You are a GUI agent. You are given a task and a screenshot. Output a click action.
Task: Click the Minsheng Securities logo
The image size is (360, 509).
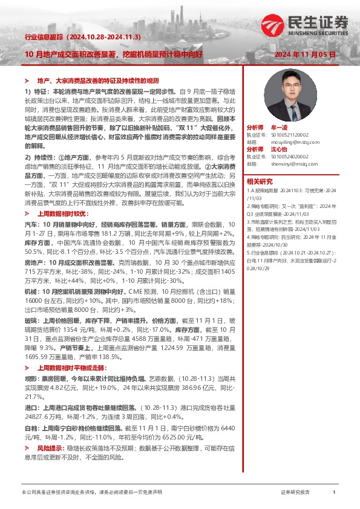[305, 26]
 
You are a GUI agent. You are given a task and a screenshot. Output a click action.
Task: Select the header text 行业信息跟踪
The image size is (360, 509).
[42, 37]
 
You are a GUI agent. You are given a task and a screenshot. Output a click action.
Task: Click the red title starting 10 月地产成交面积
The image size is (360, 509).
[113, 54]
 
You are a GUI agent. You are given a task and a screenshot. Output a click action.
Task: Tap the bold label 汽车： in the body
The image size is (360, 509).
[33, 223]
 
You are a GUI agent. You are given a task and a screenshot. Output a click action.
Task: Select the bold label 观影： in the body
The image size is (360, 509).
[33, 377]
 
